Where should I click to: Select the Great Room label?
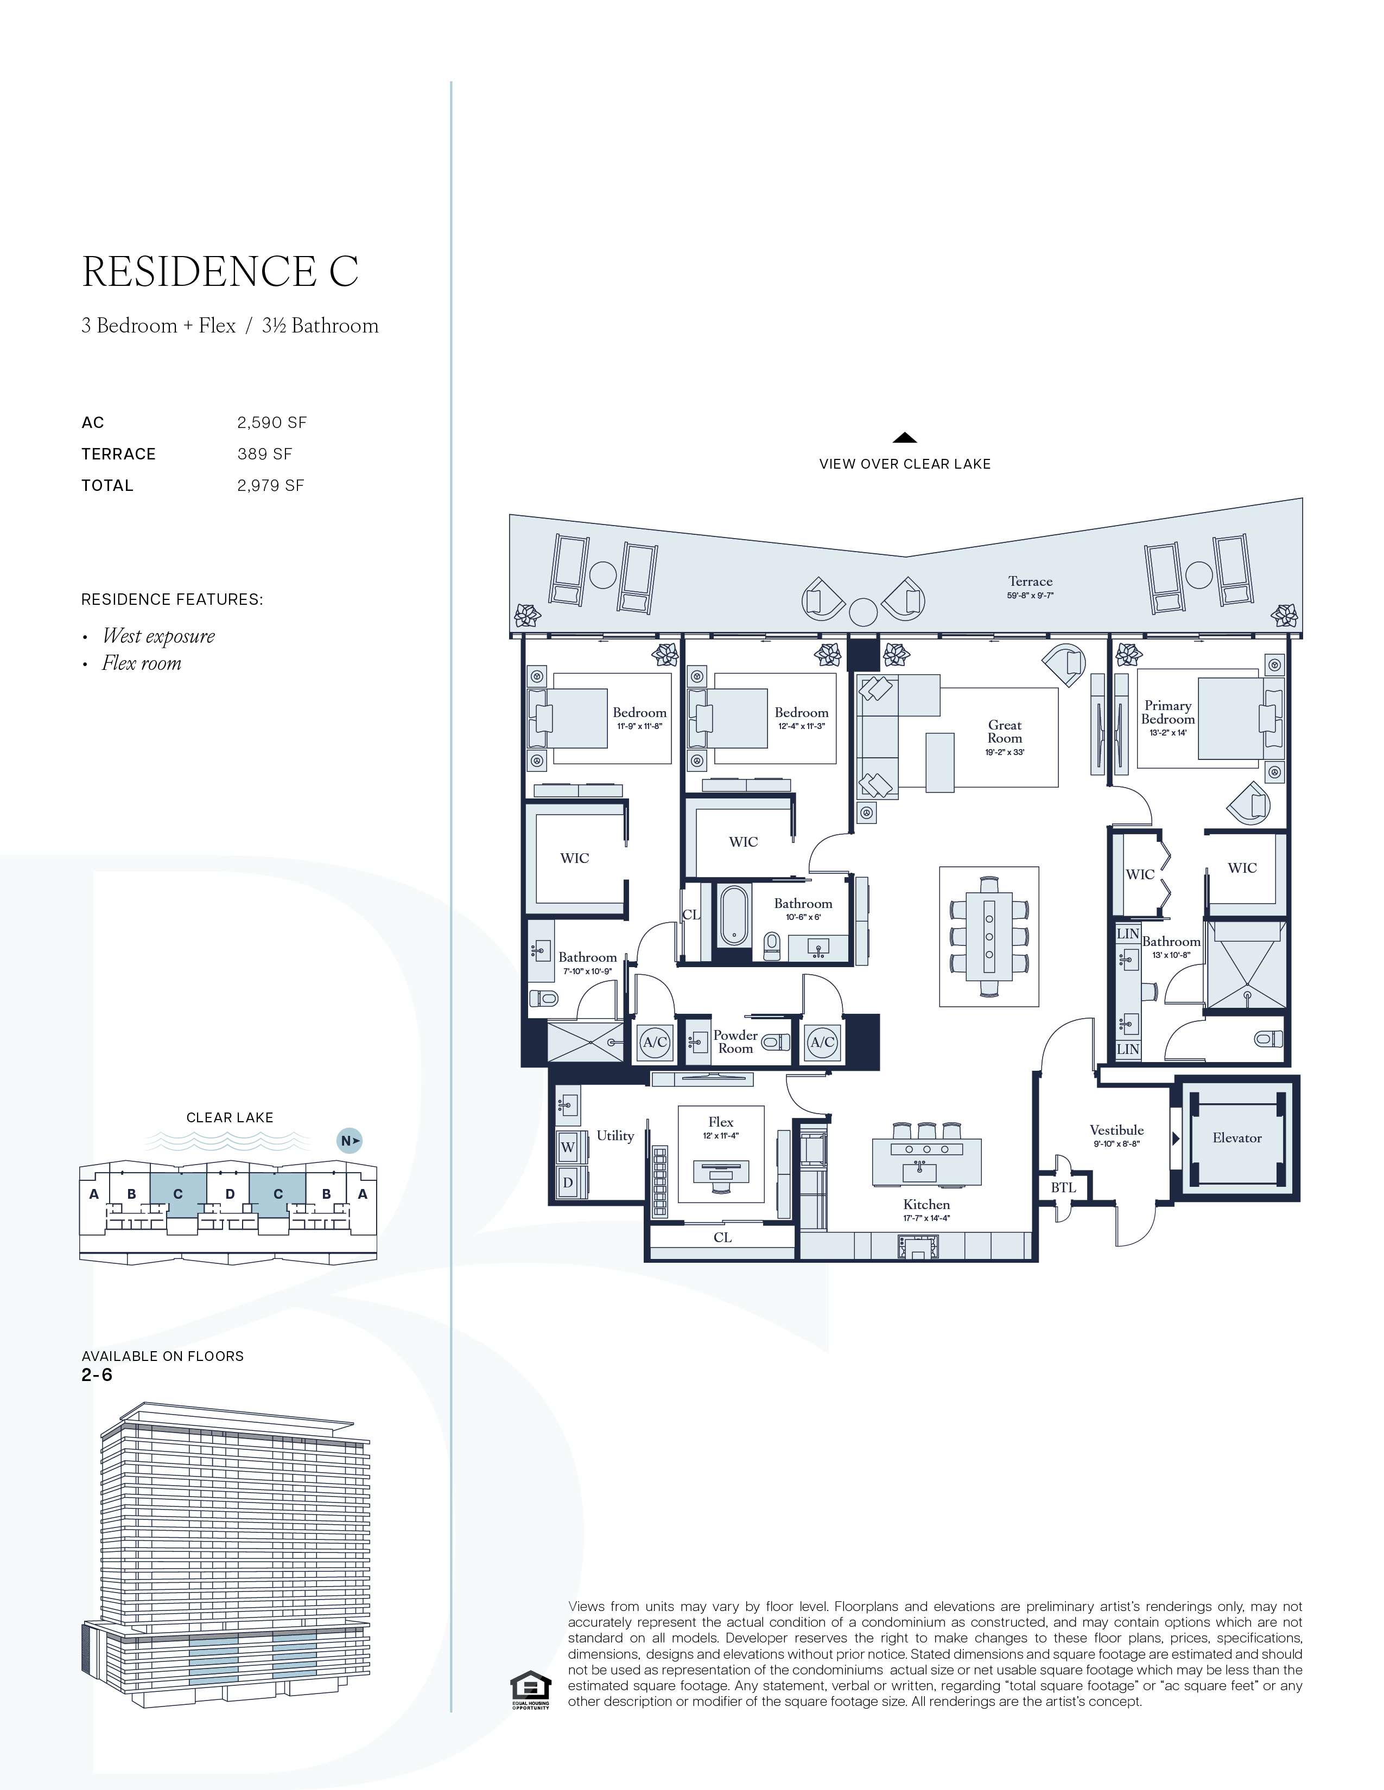[x=1005, y=731]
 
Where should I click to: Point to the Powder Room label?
[x=735, y=1041]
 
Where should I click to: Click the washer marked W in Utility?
[x=567, y=1147]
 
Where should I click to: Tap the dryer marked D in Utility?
[x=567, y=1182]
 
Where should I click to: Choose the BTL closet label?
[x=1063, y=1187]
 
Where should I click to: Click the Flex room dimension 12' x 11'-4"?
[x=721, y=1136]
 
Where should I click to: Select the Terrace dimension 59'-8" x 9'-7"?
[x=1030, y=596]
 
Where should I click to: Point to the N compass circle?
[x=350, y=1141]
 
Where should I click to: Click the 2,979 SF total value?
[x=271, y=485]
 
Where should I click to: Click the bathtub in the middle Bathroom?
[x=734, y=916]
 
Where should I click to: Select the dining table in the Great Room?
[x=989, y=936]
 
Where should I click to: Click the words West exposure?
[x=158, y=636]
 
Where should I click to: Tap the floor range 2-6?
[x=97, y=1375]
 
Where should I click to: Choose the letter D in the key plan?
[x=230, y=1194]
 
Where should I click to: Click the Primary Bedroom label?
[x=1167, y=712]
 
